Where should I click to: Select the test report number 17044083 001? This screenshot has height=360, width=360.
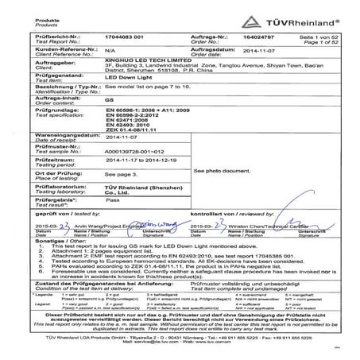click(124, 36)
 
